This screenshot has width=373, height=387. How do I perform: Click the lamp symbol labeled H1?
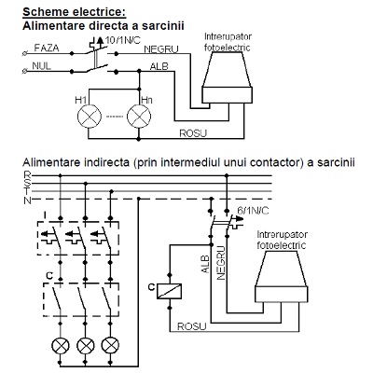[x=90, y=117]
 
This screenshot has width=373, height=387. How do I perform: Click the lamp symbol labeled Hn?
[x=139, y=117]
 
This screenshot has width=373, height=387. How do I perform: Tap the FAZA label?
[x=47, y=48]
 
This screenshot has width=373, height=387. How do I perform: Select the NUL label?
[x=41, y=66]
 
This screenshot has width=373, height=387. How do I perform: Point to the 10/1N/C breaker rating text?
[x=123, y=40]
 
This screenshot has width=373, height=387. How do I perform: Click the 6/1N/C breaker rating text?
[x=253, y=211]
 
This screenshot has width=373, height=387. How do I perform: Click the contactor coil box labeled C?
[x=169, y=291]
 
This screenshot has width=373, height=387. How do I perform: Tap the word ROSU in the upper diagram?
[x=193, y=133]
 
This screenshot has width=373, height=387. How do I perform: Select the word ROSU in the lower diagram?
[x=191, y=326]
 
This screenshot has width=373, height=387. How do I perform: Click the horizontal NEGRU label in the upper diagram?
[x=161, y=49]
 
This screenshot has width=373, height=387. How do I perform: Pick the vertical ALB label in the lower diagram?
[x=205, y=264]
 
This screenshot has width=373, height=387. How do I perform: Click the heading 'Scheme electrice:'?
[x=75, y=12]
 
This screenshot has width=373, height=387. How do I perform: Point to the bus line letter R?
[x=27, y=174]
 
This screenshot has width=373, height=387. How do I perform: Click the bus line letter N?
[x=28, y=200]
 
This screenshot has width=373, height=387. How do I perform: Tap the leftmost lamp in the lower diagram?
[x=61, y=345]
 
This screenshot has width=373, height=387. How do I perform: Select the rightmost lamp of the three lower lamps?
[x=110, y=345]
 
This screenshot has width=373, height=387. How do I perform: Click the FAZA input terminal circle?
[x=25, y=54]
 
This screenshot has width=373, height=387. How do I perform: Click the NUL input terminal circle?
[x=25, y=72]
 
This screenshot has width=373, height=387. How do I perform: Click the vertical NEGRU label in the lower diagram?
[x=220, y=263]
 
